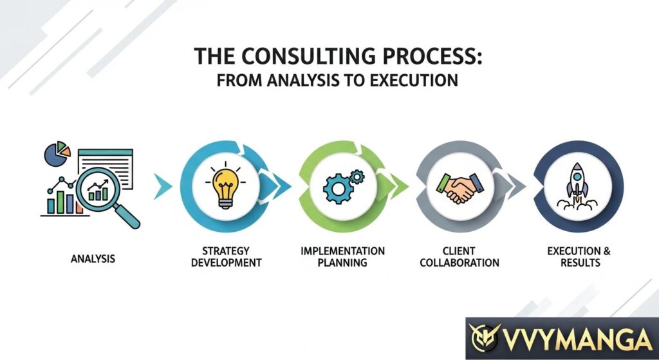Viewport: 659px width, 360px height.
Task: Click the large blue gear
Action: pyautogui.click(x=336, y=188)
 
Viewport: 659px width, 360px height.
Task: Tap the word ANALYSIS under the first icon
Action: pyautogui.click(x=93, y=259)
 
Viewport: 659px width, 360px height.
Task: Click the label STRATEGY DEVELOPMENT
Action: pyautogui.click(x=226, y=256)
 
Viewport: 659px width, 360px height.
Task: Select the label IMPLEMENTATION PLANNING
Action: pyautogui.click(x=342, y=256)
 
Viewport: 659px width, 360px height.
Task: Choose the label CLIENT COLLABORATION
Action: pyautogui.click(x=459, y=256)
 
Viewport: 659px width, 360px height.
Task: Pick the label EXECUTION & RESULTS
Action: pyautogui.click(x=574, y=256)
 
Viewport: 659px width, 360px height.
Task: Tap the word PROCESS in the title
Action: pyautogui.click(x=425, y=57)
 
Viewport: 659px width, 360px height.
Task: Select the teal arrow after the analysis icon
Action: pyautogui.click(x=163, y=186)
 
